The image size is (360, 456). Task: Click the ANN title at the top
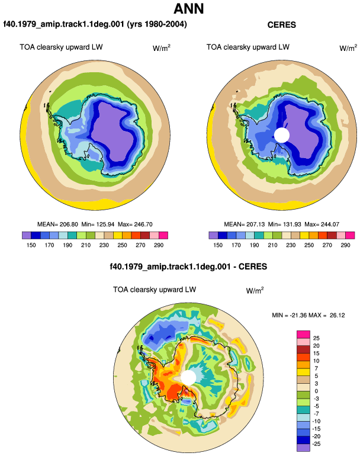tap(189, 9)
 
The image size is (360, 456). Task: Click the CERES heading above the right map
tap(281, 25)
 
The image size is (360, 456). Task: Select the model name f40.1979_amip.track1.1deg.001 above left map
tap(64, 24)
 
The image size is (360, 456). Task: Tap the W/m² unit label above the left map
tap(162, 48)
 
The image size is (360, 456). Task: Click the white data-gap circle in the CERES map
tap(282, 135)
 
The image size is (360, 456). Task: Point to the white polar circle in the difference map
tap(188, 377)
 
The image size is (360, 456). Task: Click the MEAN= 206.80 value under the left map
tap(57, 224)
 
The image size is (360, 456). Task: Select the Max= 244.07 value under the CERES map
tap(322, 224)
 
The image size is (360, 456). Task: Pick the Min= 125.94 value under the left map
tap(98, 224)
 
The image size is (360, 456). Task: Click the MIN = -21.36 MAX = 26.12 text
tap(308, 315)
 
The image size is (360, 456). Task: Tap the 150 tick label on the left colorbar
tap(31, 245)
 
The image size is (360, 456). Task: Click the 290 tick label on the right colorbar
tap(345, 245)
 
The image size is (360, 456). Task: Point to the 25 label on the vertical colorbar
tap(316, 338)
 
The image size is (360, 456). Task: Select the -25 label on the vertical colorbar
tap(316, 444)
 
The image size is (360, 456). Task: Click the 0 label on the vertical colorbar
tap(316, 391)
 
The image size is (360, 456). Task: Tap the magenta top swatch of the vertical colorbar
tap(303, 335)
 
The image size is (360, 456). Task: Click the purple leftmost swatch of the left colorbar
tap(27, 235)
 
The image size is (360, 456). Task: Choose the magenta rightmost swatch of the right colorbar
tap(350, 235)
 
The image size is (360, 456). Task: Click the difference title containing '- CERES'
tap(188, 266)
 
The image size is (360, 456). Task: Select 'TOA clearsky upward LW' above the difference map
tap(155, 290)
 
